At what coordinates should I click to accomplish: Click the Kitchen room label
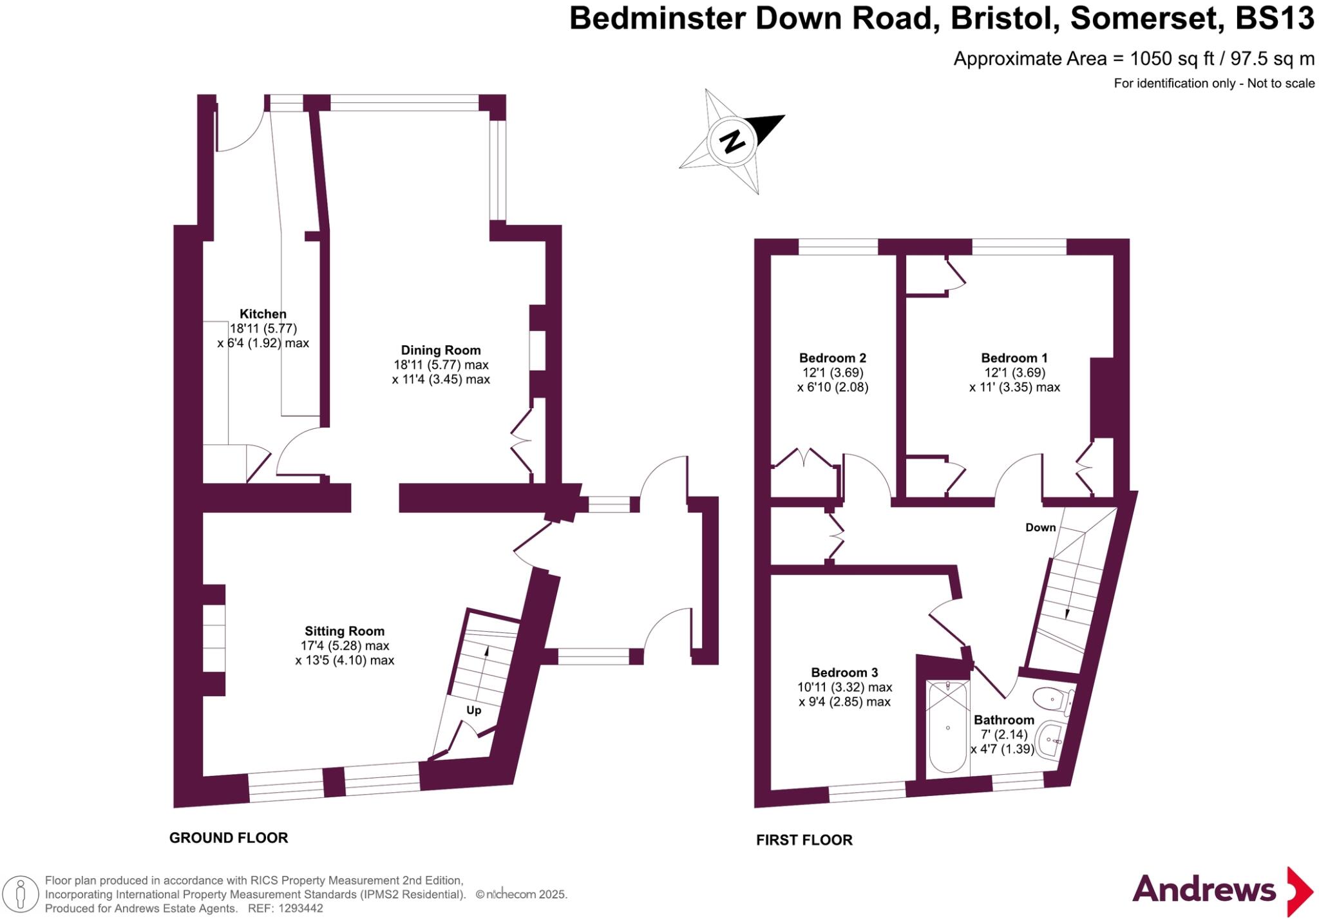[x=263, y=314]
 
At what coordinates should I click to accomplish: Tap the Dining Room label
[x=441, y=350]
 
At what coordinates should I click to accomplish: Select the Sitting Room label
[x=345, y=631]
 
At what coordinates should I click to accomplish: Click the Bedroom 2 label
[x=832, y=358]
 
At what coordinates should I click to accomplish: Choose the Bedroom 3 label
[x=844, y=672]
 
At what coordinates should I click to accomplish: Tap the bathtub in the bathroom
[x=948, y=728]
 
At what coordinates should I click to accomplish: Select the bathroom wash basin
[x=1050, y=741]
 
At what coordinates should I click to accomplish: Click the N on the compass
[x=732, y=140]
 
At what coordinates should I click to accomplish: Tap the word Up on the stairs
[x=473, y=710]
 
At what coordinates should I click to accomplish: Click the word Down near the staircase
[x=1040, y=527]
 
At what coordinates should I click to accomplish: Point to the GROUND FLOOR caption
[x=229, y=838]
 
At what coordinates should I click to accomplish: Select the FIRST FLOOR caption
[x=804, y=840]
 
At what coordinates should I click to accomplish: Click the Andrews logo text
[x=1204, y=890]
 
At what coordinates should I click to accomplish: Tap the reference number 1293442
[x=300, y=909]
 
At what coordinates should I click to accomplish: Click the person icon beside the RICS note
[x=21, y=895]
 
